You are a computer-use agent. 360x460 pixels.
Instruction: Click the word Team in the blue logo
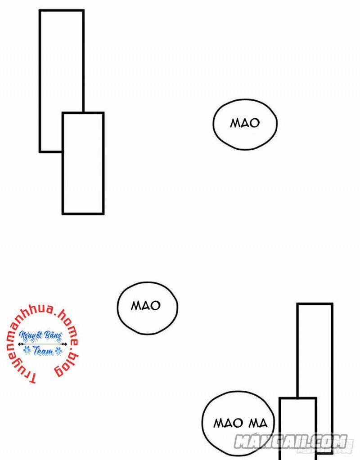[43, 351]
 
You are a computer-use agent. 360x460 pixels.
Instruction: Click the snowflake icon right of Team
[58, 351]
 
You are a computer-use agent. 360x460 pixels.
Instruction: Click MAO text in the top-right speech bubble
[245, 123]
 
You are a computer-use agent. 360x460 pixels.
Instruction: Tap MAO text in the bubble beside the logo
[146, 306]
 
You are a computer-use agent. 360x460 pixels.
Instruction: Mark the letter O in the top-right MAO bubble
[255, 123]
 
